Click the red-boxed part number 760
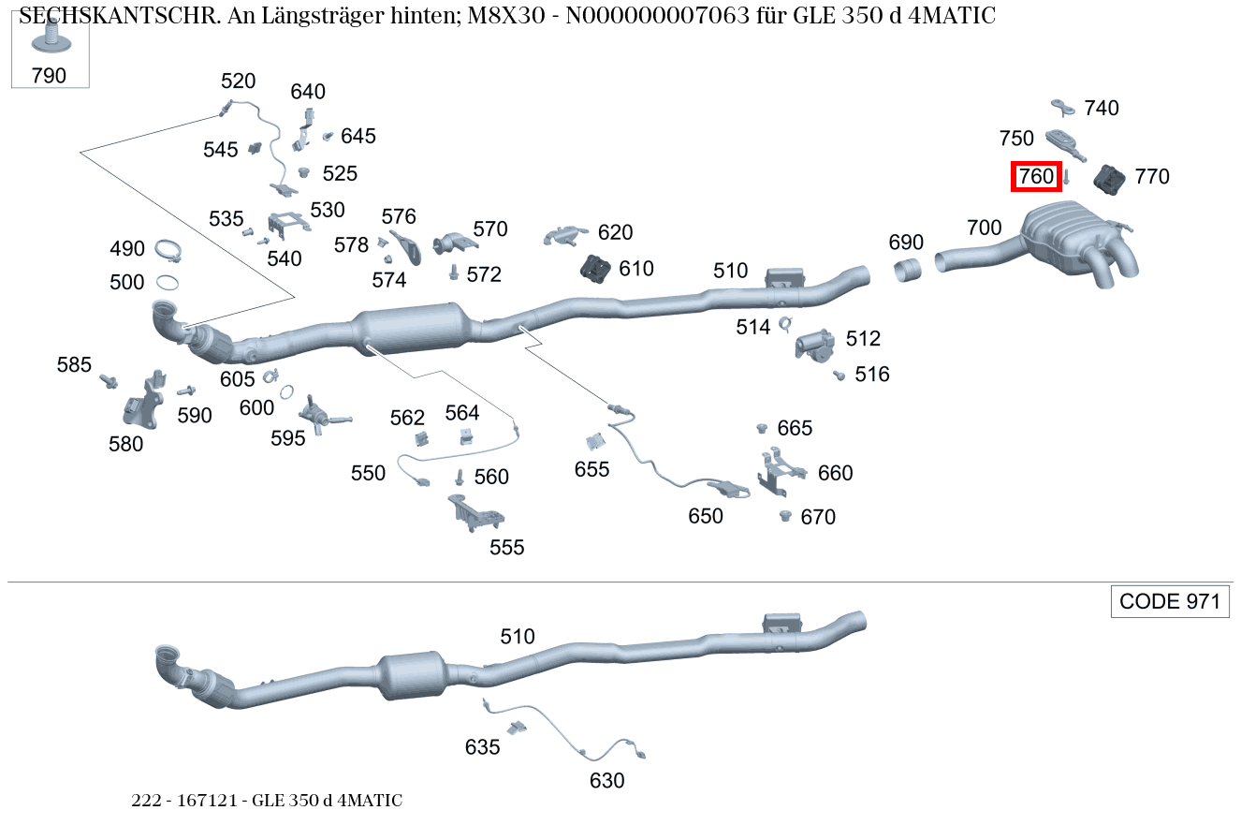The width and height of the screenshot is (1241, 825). point(1036,176)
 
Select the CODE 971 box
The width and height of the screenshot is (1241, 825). point(1170,601)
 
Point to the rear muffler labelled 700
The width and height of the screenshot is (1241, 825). point(1076,239)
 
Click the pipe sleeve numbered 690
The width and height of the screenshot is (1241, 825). point(908,272)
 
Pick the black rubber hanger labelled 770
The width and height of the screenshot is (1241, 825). point(1111,180)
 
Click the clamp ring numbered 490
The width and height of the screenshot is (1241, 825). point(167,251)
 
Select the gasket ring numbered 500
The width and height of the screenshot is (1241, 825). point(168,282)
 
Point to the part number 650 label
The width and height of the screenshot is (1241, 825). point(706,516)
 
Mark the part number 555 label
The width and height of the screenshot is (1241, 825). point(507,548)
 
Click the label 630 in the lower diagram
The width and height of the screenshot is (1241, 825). point(606,779)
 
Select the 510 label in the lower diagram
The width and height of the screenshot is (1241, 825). point(517,637)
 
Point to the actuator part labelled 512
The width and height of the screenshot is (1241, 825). point(814,344)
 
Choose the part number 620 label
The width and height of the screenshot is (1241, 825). point(615,232)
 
